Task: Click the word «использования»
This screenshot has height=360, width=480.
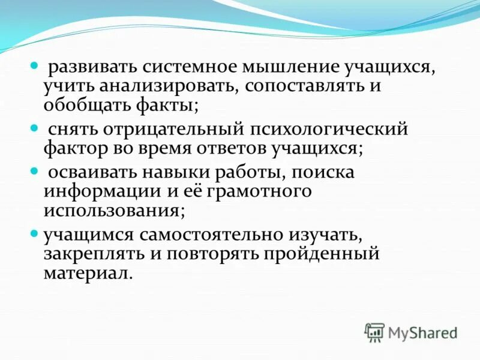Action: [112, 211]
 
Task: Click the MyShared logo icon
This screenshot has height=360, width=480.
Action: [374, 332]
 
